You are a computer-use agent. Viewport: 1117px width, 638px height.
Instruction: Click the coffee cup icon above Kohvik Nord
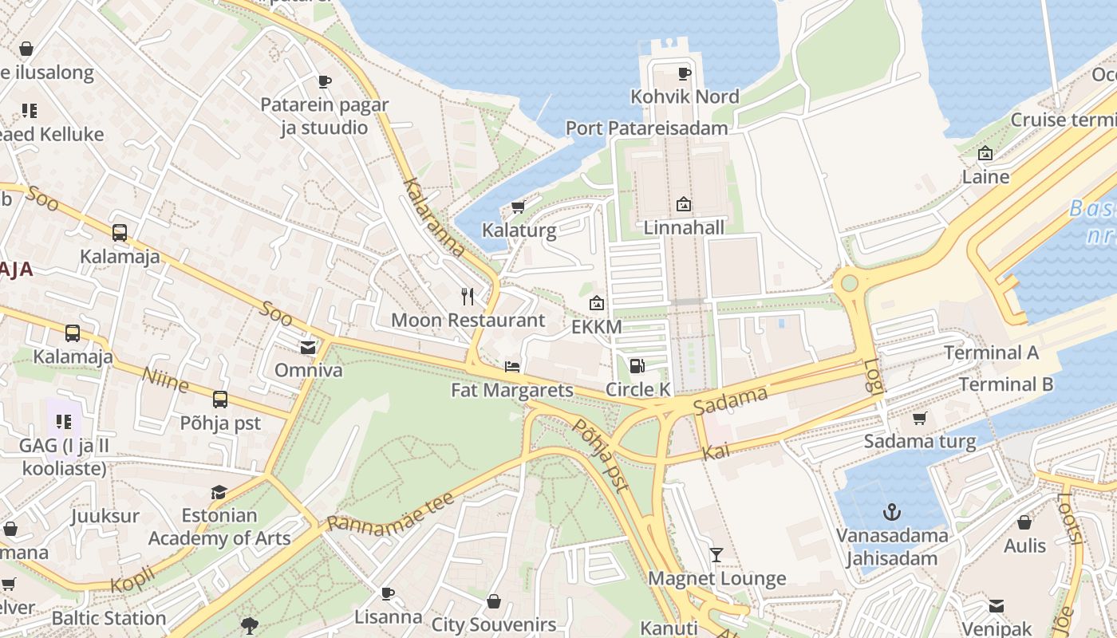tap(684, 73)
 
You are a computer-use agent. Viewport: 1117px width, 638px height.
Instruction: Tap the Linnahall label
tap(684, 228)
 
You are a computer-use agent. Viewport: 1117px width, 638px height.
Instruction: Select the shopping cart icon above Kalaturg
tap(518, 207)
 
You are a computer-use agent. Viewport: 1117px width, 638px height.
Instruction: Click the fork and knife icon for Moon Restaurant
tap(468, 297)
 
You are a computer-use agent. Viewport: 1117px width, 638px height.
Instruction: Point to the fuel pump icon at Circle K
tap(637, 366)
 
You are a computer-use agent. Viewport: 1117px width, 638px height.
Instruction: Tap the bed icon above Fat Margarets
tap(512, 367)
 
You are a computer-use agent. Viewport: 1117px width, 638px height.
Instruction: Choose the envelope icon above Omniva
tap(307, 347)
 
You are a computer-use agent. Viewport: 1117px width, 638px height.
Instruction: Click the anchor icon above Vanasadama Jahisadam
tap(891, 511)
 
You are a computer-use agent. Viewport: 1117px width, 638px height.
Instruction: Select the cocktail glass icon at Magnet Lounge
tap(716, 554)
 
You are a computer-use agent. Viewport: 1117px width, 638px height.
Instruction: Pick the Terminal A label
tap(991, 352)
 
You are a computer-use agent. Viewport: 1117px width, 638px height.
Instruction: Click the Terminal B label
tap(1005, 384)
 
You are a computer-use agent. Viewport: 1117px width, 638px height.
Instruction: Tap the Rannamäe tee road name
tap(391, 513)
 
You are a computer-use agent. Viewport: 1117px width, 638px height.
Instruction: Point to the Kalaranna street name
tap(434, 218)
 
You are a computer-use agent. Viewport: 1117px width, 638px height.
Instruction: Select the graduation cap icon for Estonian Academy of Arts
tap(219, 492)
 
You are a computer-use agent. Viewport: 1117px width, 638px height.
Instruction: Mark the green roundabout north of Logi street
tap(849, 282)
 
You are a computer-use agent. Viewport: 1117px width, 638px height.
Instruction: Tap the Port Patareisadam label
tap(646, 128)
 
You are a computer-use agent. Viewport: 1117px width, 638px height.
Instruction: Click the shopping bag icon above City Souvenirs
tap(494, 601)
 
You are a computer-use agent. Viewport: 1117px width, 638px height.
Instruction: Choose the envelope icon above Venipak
tap(997, 606)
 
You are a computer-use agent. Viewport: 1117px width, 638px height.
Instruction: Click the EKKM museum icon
tap(596, 303)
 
